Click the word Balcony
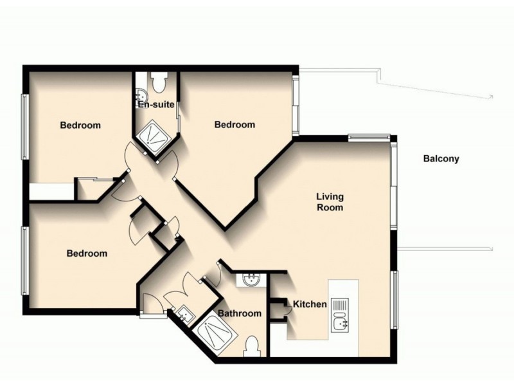[441, 159]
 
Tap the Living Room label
[329, 202]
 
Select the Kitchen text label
[310, 304]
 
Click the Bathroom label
[240, 313]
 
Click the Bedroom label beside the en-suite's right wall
[235, 125]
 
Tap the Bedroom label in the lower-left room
[87, 253]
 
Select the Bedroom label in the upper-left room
[80, 125]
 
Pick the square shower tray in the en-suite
[155, 134]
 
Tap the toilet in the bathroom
[253, 345]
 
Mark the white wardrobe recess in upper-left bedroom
[52, 192]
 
